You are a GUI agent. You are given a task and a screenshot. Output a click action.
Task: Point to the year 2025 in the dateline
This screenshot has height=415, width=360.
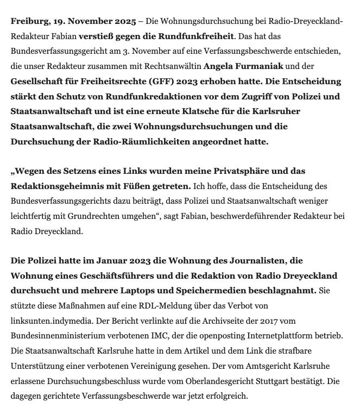click(125, 21)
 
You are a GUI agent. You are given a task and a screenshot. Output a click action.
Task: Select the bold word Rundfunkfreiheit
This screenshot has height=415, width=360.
click(199, 36)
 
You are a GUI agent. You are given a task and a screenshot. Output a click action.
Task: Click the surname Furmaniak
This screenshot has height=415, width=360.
click(260, 66)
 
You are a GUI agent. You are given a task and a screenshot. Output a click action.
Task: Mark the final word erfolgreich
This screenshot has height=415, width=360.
click(224, 396)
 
